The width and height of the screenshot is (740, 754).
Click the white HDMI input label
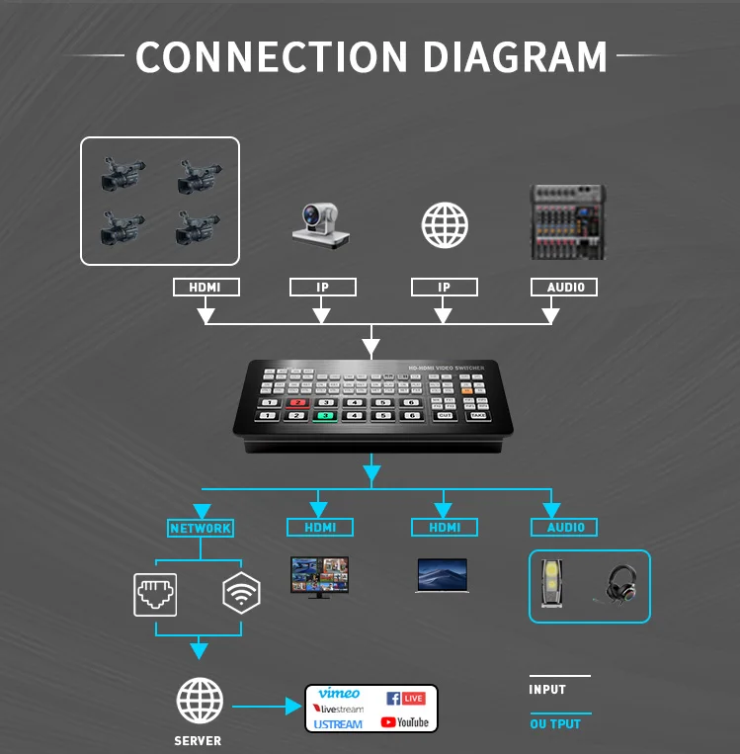point(206,288)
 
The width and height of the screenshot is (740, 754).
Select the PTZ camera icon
point(320,224)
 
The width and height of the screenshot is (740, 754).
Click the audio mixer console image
point(567,222)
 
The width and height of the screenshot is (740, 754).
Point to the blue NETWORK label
point(201,528)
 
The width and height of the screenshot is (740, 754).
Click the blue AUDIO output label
point(565,528)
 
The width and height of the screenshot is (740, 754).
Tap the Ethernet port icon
point(155,593)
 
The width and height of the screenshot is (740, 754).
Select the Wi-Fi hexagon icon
point(241,593)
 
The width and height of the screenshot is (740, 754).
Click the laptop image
point(444,576)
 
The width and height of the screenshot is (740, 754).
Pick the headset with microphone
point(619,583)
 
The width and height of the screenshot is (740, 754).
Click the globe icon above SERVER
point(199,702)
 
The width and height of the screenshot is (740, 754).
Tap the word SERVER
point(198,740)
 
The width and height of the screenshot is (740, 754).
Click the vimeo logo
point(339,694)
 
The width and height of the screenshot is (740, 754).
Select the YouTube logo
point(405,722)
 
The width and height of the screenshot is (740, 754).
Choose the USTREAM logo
point(338,724)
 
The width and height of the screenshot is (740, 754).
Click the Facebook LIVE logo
point(405,698)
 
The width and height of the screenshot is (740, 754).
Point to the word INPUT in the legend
point(547,689)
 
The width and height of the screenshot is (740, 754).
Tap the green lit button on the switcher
point(324,416)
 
